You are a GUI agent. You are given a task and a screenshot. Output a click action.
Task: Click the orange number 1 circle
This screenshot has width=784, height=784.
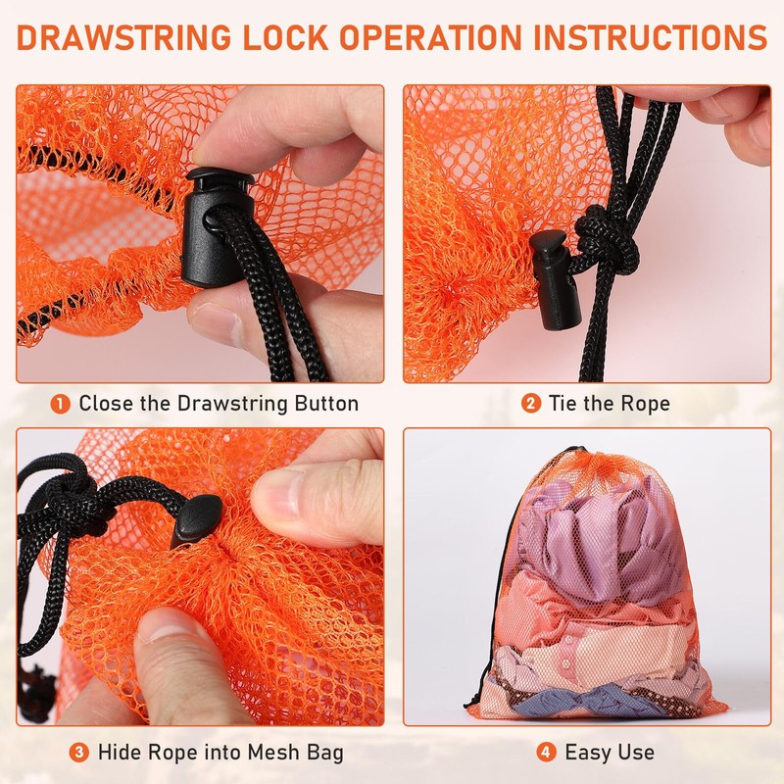coord(61,403)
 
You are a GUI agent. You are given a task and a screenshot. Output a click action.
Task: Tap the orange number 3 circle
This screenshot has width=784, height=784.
coord(79,753)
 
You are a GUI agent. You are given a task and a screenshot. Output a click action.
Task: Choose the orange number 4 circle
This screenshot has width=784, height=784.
coord(547,753)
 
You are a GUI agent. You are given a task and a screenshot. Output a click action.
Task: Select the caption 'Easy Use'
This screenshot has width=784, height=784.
coord(610,753)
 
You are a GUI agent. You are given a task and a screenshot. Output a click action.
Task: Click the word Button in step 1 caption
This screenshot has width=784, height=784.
coord(323,403)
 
